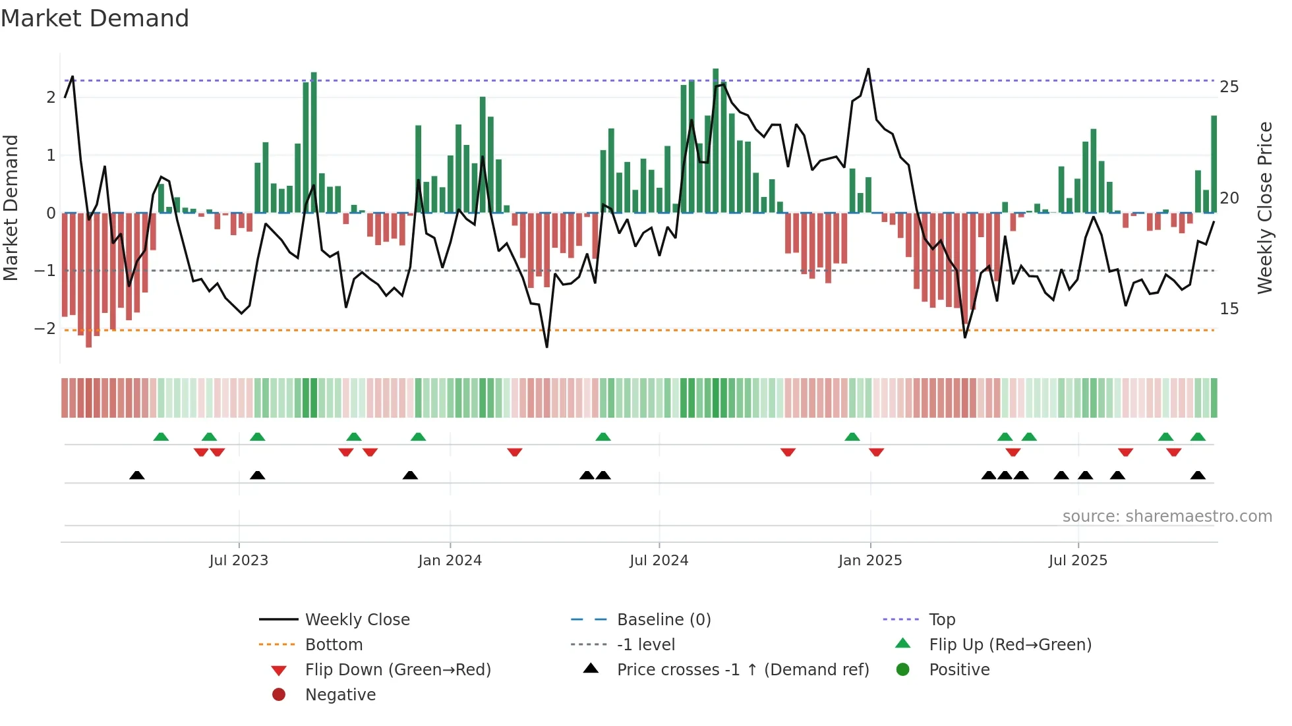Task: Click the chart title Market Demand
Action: [95, 18]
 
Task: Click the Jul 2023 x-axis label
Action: [239, 561]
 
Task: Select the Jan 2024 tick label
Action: [450, 561]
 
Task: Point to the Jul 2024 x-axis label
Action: [659, 561]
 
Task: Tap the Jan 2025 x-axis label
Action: [870, 561]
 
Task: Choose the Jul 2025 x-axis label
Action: [1078, 561]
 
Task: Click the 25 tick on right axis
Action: [1229, 87]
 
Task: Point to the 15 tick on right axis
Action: [1229, 309]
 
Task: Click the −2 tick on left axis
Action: [45, 329]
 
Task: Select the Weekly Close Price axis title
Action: [1264, 208]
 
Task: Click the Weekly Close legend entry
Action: [357, 620]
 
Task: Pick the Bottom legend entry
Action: [334, 645]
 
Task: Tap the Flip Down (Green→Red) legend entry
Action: [397, 670]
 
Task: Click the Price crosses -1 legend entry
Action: [742, 670]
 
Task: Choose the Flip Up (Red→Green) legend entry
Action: [1010, 645]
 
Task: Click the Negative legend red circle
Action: [279, 695]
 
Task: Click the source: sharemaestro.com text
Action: [1167, 517]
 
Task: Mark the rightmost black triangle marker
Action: [1198, 476]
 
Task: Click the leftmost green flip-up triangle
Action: [161, 437]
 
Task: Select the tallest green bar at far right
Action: [1214, 165]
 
